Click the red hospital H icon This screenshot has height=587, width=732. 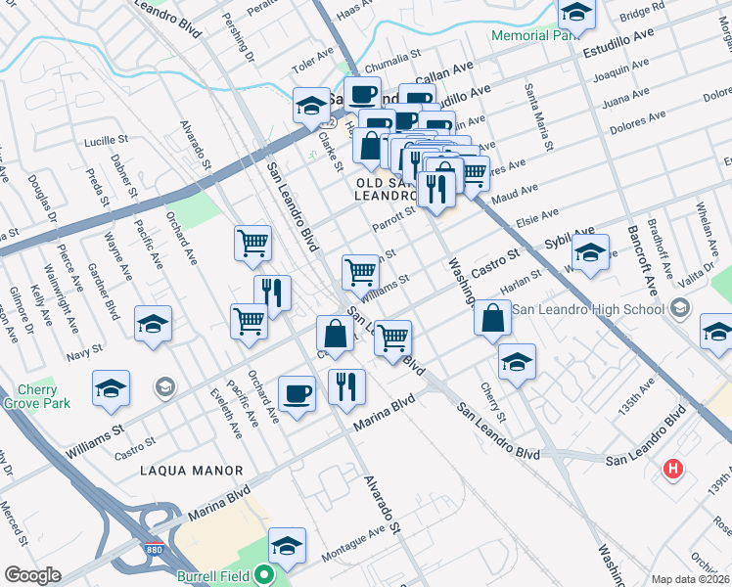672,469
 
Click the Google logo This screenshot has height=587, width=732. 32,575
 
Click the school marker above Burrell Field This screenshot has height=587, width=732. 287,546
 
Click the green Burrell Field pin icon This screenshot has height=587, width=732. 263,577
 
